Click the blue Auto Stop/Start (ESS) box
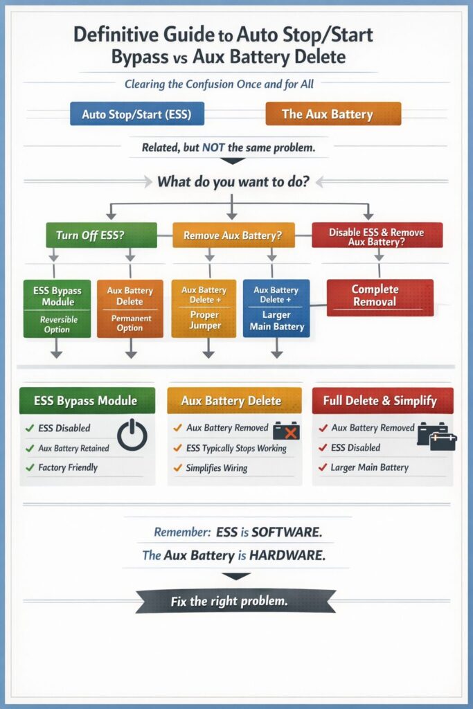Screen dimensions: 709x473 [x=137, y=114]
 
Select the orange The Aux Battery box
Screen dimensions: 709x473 [x=333, y=114]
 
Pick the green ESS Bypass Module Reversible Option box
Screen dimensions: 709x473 [x=57, y=308]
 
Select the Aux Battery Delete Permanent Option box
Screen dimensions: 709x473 [x=130, y=308]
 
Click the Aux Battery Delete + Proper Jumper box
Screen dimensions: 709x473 [x=204, y=308]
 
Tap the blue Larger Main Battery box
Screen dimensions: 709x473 [x=276, y=308]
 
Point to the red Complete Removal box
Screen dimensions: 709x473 [x=380, y=297]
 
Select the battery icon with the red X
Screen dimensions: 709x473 [x=286, y=431]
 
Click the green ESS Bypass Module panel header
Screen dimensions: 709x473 [x=86, y=400]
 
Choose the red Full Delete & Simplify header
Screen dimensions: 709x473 [x=383, y=400]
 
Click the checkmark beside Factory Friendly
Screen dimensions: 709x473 [x=30, y=467]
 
